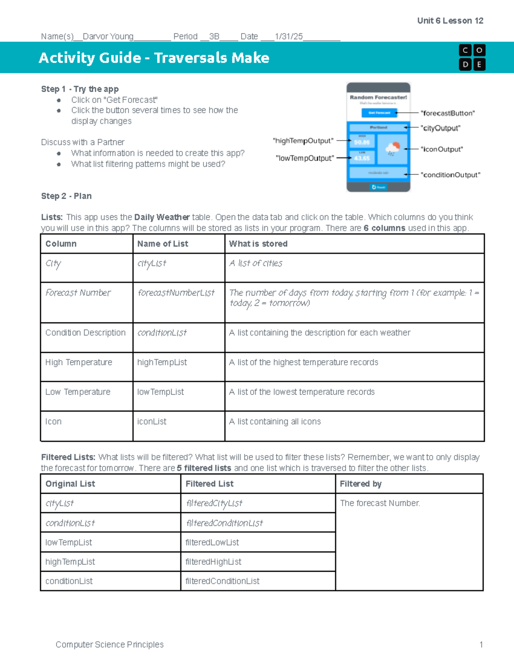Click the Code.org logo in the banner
[x=472, y=57]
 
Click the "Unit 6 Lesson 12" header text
[x=450, y=21]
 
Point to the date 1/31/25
[x=289, y=36]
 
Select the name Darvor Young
[x=108, y=36]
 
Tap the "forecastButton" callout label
[x=448, y=113]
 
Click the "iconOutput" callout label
[x=442, y=149]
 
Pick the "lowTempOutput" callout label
[x=305, y=158]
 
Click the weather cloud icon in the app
[x=392, y=149]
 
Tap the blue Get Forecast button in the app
[x=379, y=113]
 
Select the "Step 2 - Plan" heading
[x=66, y=196]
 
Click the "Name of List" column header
[x=162, y=244]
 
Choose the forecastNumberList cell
[x=176, y=293]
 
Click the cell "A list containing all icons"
[x=275, y=421]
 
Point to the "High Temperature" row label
[x=79, y=362]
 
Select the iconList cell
[x=152, y=421]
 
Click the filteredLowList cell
[x=212, y=542]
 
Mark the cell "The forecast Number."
[x=380, y=503]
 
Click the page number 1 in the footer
[x=481, y=644]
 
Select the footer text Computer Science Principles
[x=110, y=644]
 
